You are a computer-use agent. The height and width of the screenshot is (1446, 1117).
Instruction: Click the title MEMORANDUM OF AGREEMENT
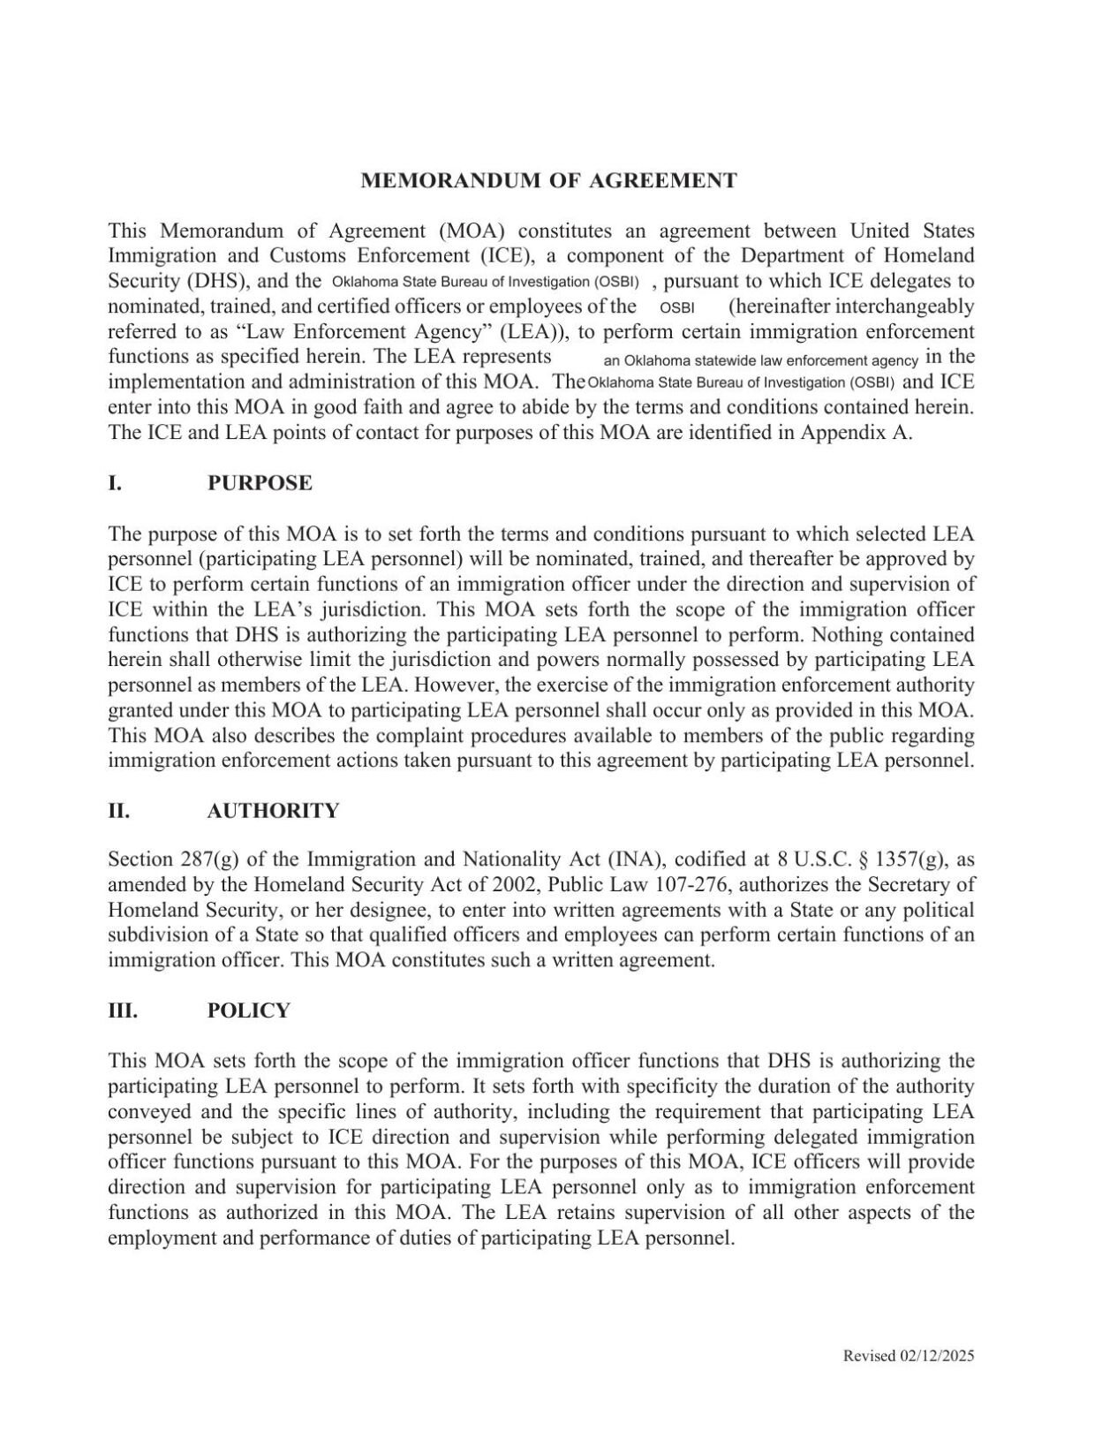click(548, 181)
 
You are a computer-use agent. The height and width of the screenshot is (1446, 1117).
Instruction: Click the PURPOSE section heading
click(260, 483)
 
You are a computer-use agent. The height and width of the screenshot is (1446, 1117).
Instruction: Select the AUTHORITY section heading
click(273, 811)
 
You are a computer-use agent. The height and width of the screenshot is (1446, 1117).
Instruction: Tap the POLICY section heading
click(248, 1011)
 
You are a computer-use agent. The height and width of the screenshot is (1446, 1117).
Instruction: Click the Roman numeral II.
click(118, 811)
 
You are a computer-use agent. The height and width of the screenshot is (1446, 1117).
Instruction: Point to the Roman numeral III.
click(122, 1011)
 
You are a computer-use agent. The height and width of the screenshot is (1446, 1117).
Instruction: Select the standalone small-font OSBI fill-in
click(677, 307)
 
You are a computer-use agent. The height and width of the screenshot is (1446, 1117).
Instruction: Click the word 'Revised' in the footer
click(870, 1356)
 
